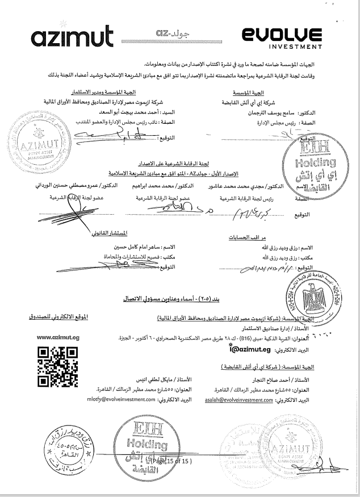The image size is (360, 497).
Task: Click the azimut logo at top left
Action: tap(64, 37)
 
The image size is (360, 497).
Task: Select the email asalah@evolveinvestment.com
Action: tap(242, 399)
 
